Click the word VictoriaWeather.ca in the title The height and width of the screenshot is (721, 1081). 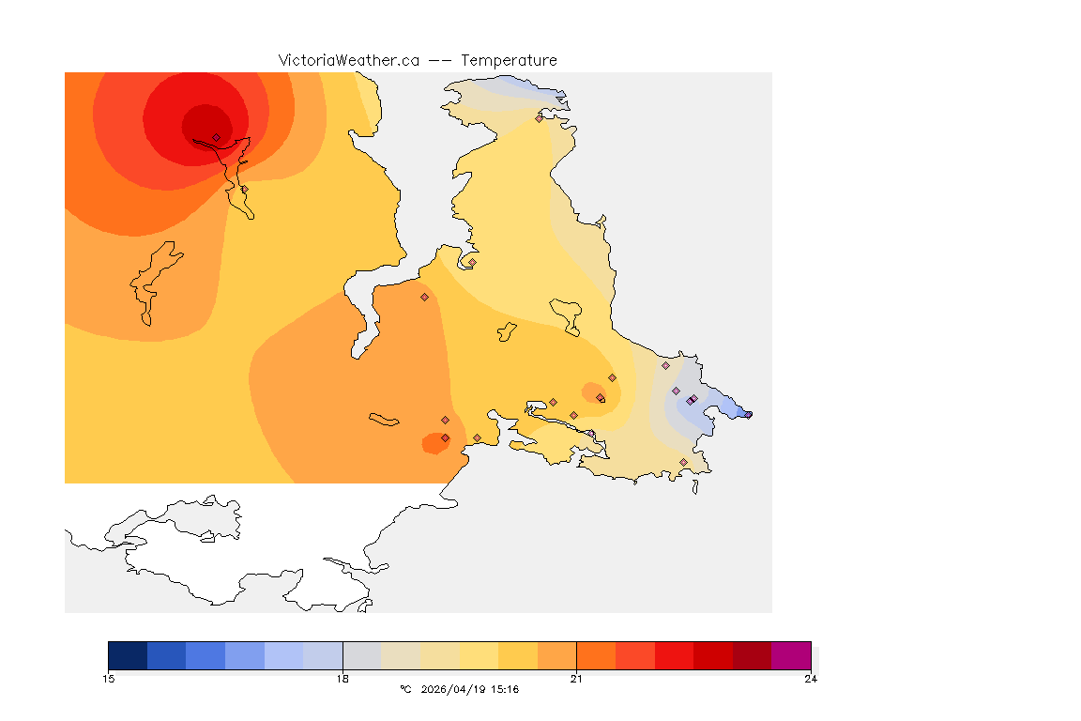coord(348,60)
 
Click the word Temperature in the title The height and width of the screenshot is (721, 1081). coord(510,60)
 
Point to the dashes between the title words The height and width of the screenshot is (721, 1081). coord(440,60)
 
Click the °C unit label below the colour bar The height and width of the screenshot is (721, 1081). coord(405,689)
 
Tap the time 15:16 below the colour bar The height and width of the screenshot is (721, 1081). coord(505,689)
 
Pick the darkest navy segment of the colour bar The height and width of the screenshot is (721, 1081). coord(128,654)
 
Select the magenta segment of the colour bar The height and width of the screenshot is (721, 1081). coord(791,654)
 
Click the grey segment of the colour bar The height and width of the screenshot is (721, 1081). coord(362,654)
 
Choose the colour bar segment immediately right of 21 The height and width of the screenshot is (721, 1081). coord(596,654)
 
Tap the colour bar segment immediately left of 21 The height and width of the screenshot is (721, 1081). coord(556,654)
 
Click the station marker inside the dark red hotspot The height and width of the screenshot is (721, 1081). coord(216,137)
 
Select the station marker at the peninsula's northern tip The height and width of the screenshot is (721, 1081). coord(539,118)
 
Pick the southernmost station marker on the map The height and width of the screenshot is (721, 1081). coord(683,462)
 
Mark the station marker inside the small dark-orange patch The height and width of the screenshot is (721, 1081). coord(445,437)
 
